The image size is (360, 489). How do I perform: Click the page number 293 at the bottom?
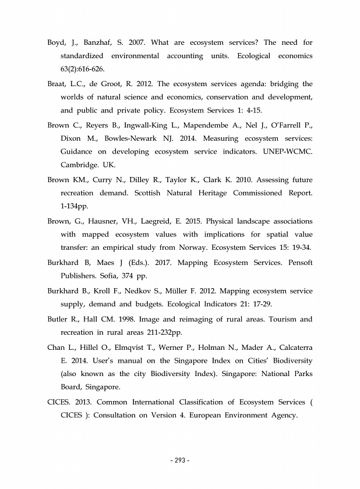click(x=180, y=461)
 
